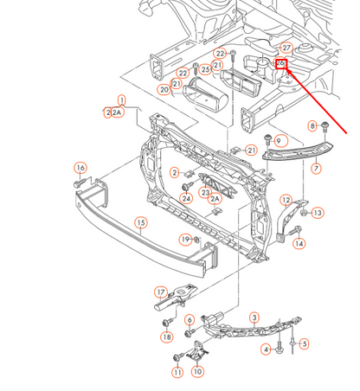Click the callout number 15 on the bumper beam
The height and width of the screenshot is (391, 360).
[x=141, y=223]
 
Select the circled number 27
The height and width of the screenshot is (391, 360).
[x=286, y=48]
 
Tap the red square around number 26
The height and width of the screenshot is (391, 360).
[x=280, y=63]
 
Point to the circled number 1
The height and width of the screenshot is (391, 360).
[x=122, y=100]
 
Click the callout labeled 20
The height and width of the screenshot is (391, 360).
[x=164, y=90]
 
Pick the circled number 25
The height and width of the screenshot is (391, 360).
[x=205, y=69]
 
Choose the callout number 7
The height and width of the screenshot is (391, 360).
[x=316, y=168]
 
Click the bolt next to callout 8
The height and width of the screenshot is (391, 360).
[x=325, y=127]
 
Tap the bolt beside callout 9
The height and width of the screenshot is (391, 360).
[x=268, y=139]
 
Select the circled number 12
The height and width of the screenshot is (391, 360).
[x=286, y=200]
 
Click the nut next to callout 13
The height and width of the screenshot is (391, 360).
[x=304, y=213]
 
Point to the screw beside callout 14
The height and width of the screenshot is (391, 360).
[x=294, y=231]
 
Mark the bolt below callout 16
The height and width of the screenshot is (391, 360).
[x=80, y=183]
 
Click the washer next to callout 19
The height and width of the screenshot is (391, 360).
[x=196, y=239]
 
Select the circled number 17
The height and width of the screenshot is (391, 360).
[x=161, y=292]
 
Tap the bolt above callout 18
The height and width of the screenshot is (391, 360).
[x=168, y=322]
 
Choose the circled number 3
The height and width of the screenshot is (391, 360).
[x=254, y=317]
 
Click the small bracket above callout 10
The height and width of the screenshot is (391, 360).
[x=198, y=350]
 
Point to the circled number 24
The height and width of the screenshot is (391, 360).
[x=186, y=198]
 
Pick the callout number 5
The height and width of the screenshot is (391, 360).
[x=304, y=343]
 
